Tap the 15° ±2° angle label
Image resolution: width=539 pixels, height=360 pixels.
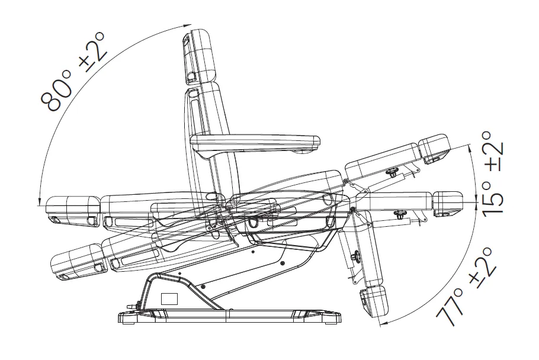[x=493, y=174]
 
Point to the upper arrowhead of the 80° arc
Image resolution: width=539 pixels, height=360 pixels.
[x=188, y=25]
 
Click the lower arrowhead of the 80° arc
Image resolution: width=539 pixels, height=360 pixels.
[x=40, y=201]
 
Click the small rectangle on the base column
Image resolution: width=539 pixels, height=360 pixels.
[x=170, y=298]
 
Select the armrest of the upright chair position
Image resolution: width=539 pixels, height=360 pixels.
[x=255, y=144]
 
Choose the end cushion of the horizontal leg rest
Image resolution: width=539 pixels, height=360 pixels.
[x=447, y=203]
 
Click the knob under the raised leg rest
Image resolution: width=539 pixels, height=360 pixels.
[x=393, y=171]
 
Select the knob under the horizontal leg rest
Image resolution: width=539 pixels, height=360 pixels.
[x=400, y=214]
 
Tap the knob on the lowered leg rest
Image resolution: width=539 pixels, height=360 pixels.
[x=354, y=256]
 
